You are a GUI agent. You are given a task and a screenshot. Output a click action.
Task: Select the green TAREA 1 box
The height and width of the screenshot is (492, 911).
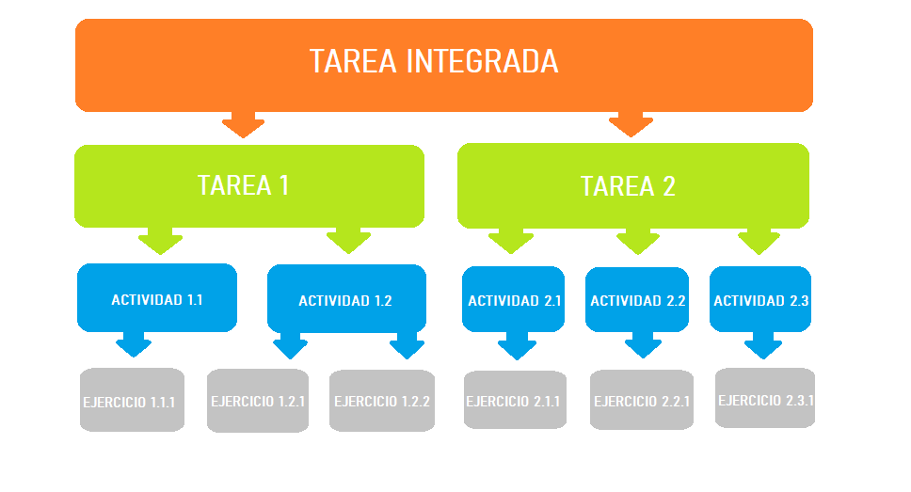248,185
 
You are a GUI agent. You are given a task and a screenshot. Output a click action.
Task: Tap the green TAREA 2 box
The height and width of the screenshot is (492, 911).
632,185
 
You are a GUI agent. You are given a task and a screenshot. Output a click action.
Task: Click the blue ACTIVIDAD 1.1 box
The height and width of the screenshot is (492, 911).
156,298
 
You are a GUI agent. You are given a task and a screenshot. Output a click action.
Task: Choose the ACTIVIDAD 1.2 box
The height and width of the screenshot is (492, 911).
346,299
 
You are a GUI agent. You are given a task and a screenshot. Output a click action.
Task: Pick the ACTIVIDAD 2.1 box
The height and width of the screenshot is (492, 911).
514,299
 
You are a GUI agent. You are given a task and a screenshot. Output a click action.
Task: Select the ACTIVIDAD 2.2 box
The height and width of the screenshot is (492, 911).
637,299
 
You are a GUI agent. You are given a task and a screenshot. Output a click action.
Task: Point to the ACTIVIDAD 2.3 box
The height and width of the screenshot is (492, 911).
760,299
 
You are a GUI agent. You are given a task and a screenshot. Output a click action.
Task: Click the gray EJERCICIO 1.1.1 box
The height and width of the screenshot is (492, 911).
131,400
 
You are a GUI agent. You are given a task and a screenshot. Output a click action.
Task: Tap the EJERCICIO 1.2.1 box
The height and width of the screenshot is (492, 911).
258,400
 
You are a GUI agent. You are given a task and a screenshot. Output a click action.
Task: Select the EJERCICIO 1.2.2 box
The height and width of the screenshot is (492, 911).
382,400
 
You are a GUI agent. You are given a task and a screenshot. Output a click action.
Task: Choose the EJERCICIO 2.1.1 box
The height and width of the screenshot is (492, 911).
514,400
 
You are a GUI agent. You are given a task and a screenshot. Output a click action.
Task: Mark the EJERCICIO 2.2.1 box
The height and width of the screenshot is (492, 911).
641,400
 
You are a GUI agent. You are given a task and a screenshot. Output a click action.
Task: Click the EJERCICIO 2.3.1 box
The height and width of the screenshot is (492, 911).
765,398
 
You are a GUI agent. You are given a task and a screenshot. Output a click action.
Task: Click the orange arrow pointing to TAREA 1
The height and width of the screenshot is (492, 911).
243,124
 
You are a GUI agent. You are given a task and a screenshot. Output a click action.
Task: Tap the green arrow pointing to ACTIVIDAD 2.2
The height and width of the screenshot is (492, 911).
638,241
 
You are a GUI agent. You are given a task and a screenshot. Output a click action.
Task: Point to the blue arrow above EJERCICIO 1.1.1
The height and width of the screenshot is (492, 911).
134,343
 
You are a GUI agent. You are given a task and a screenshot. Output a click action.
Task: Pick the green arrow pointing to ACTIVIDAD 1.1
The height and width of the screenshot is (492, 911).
160,241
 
